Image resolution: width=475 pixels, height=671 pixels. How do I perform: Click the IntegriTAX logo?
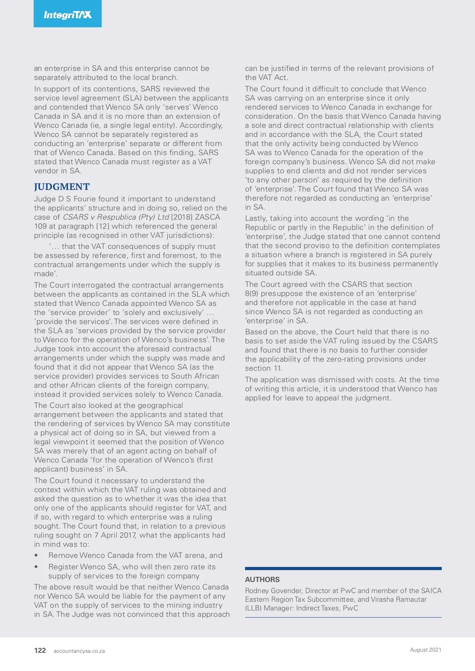tap(68, 15)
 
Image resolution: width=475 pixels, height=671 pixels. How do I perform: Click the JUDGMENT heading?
tap(62, 187)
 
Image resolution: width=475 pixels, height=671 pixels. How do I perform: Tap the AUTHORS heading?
tap(262, 579)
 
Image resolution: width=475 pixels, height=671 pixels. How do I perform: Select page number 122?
tap(40, 650)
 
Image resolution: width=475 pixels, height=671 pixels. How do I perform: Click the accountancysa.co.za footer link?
tap(79, 651)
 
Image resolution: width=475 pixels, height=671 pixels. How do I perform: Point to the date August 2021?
tap(426, 650)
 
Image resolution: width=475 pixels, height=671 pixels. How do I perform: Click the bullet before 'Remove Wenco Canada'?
tap(36, 555)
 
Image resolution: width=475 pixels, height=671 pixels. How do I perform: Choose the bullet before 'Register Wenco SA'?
tap(36, 567)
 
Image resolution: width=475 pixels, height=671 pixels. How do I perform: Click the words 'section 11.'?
tap(264, 368)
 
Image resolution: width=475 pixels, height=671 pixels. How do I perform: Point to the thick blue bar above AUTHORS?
tap(343, 569)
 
